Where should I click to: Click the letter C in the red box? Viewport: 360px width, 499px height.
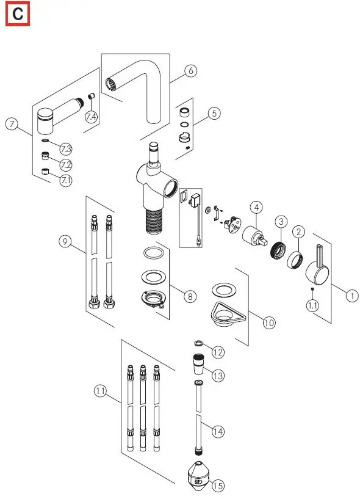pyautogui.click(x=18, y=15)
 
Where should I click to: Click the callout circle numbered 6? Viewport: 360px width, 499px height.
pyautogui.click(x=190, y=71)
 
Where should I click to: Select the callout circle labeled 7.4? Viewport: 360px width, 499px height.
pyautogui.click(x=91, y=116)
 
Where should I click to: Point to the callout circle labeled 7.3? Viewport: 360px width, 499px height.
pyautogui.click(x=65, y=149)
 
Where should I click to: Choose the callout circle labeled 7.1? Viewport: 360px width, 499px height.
pyautogui.click(x=65, y=180)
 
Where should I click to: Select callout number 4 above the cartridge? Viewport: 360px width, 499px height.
pyautogui.click(x=256, y=208)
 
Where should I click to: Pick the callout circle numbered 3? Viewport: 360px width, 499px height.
pyautogui.click(x=281, y=220)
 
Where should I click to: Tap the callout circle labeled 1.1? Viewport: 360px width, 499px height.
pyautogui.click(x=312, y=305)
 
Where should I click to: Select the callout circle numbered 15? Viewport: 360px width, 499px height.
pyautogui.click(x=218, y=486)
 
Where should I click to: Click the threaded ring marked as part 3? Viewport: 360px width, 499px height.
pyautogui.click(x=278, y=250)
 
